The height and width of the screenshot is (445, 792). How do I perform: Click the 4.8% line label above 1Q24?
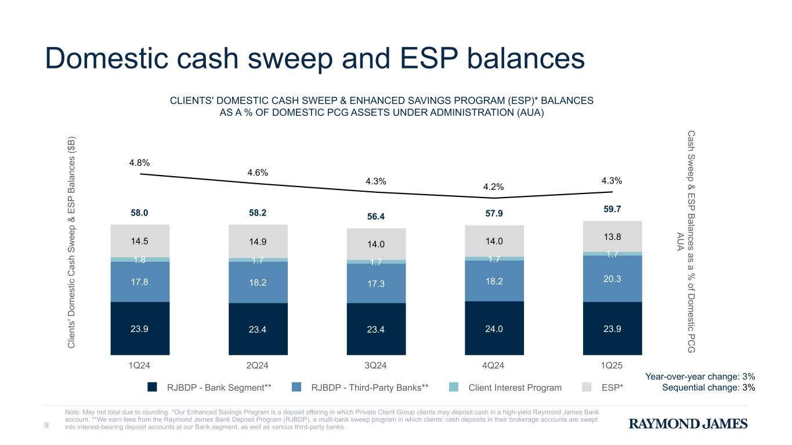(140, 163)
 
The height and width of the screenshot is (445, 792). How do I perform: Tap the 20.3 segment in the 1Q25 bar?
(613, 279)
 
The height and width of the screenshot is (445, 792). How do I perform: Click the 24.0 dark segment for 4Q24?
(494, 329)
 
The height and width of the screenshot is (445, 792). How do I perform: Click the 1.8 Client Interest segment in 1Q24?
(140, 260)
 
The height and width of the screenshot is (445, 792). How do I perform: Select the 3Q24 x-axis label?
(376, 366)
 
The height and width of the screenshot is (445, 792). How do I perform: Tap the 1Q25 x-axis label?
(613, 366)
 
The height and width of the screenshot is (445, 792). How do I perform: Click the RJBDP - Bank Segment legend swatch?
(153, 388)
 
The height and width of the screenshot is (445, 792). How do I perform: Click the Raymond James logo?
(688, 424)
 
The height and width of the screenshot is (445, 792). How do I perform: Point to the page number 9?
(47, 427)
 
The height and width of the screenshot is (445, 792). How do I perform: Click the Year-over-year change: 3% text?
(700, 377)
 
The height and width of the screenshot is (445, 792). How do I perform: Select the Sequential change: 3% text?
(708, 388)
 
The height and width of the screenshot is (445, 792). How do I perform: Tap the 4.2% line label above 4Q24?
(494, 187)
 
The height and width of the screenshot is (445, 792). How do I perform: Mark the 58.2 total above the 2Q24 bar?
(258, 213)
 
